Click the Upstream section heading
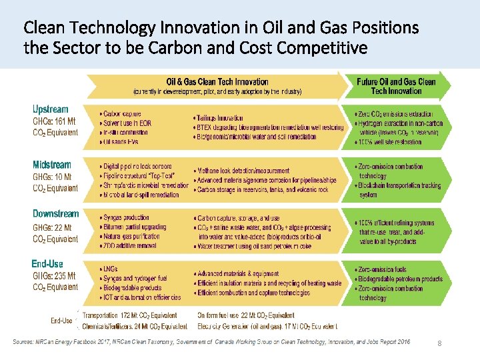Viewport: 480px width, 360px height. (x=51, y=109)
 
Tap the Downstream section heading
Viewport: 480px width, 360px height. (x=56, y=214)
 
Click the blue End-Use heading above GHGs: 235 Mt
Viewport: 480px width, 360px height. (x=47, y=264)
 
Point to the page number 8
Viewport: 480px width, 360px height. (x=439, y=343)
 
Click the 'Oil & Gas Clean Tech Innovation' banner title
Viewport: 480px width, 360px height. (x=217, y=82)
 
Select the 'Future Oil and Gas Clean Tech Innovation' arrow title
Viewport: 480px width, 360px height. (x=396, y=86)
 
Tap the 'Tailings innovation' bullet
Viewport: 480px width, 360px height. (x=220, y=118)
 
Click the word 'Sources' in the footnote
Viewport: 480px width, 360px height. (x=25, y=342)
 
